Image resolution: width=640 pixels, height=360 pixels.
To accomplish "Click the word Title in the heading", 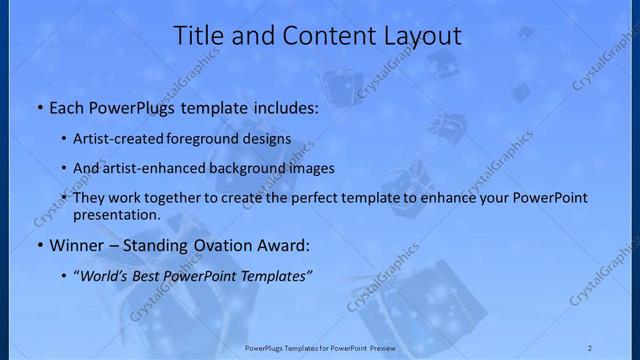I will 199,37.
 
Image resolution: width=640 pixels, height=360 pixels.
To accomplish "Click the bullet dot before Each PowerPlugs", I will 38,105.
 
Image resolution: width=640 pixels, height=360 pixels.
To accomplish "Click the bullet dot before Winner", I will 38,245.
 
